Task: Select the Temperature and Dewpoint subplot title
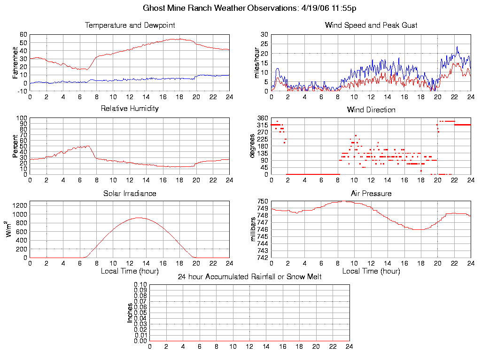(x=130, y=25)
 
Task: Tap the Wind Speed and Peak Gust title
(x=371, y=25)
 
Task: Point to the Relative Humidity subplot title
(x=130, y=109)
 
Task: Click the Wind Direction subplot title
(x=371, y=110)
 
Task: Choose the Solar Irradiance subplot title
(x=130, y=193)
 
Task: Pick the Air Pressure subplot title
(x=371, y=193)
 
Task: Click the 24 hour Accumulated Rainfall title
(x=249, y=277)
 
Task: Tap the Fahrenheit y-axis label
(x=15, y=63)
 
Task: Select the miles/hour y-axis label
(x=257, y=63)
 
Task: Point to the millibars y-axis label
(x=253, y=229)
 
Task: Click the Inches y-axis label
(x=130, y=313)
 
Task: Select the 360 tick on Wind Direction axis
(x=263, y=118)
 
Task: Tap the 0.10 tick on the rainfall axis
(x=140, y=284)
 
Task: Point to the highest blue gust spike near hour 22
(x=457, y=47)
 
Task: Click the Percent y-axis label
(x=15, y=146)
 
